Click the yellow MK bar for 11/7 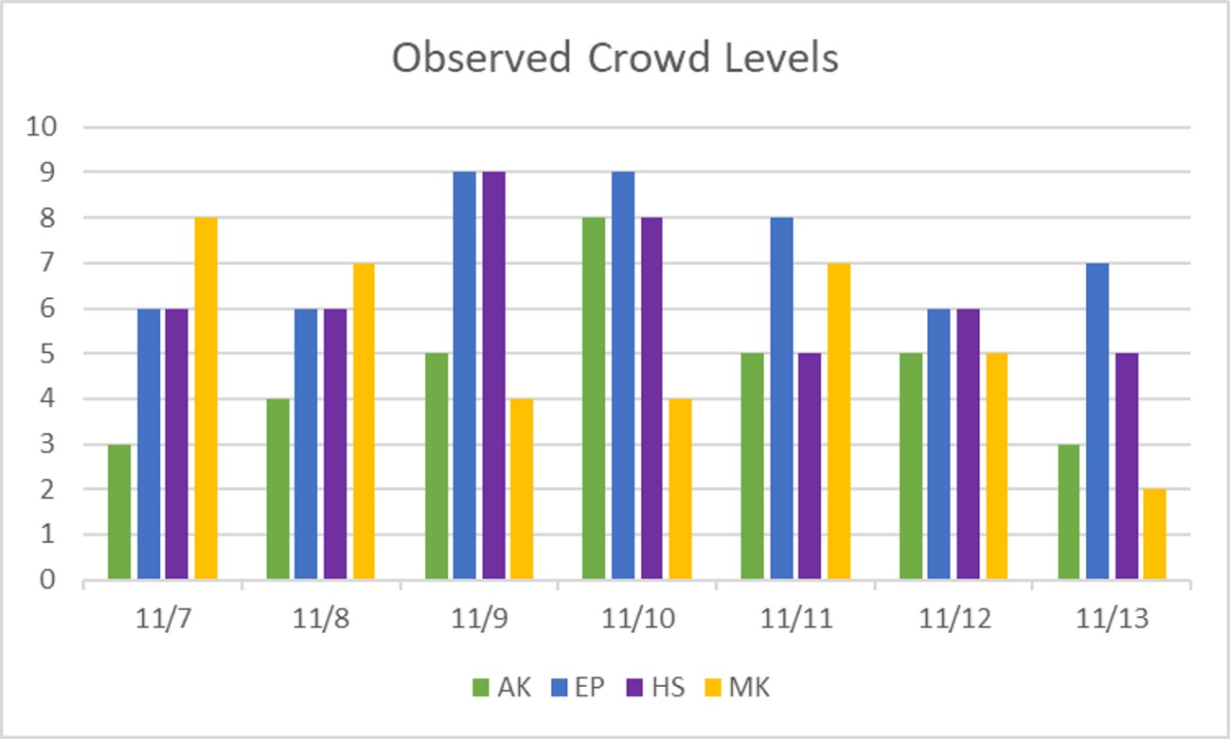[x=205, y=398]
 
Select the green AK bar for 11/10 [x=594, y=398]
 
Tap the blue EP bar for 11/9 [x=464, y=376]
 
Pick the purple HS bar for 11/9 [x=493, y=376]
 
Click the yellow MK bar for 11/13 [x=1154, y=535]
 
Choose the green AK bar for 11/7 [x=119, y=512]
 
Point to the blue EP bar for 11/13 [x=1096, y=421]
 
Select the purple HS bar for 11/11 [x=810, y=466]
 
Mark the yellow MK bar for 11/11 [x=839, y=421]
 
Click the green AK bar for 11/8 [x=277, y=489]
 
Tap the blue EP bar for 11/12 [x=938, y=444]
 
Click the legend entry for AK [x=502, y=687]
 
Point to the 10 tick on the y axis [x=44, y=127]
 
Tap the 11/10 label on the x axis [x=636, y=620]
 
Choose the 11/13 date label [x=1112, y=620]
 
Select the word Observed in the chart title [x=482, y=59]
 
